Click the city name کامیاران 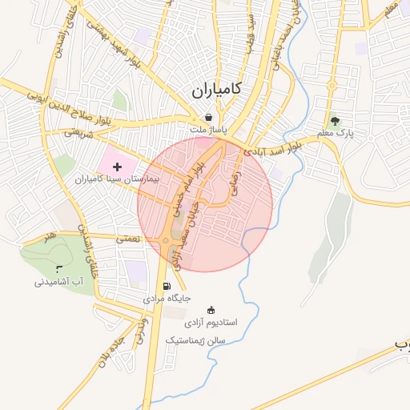[217, 90]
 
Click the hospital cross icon [119, 167]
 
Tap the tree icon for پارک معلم [335, 121]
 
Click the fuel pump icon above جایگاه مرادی [167, 286]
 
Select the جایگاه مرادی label [167, 298]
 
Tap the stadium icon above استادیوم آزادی [211, 310]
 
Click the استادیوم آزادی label [211, 323]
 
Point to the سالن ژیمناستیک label [195, 340]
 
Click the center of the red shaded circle [205, 205]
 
